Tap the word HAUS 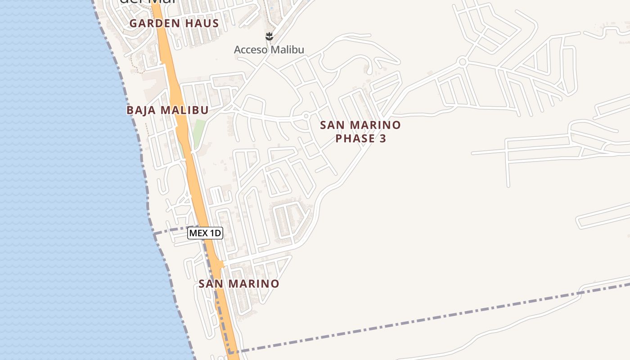click(x=203, y=23)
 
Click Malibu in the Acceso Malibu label click(x=288, y=49)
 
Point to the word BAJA click(x=141, y=110)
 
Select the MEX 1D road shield click(x=205, y=233)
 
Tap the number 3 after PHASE click(x=382, y=139)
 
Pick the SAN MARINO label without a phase click(x=238, y=284)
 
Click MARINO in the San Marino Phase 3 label click(x=375, y=125)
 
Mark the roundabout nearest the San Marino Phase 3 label click(x=306, y=116)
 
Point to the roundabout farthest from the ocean click(x=462, y=61)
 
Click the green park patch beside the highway click(x=199, y=130)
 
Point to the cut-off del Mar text click(x=146, y=2)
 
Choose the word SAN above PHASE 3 click(x=333, y=125)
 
